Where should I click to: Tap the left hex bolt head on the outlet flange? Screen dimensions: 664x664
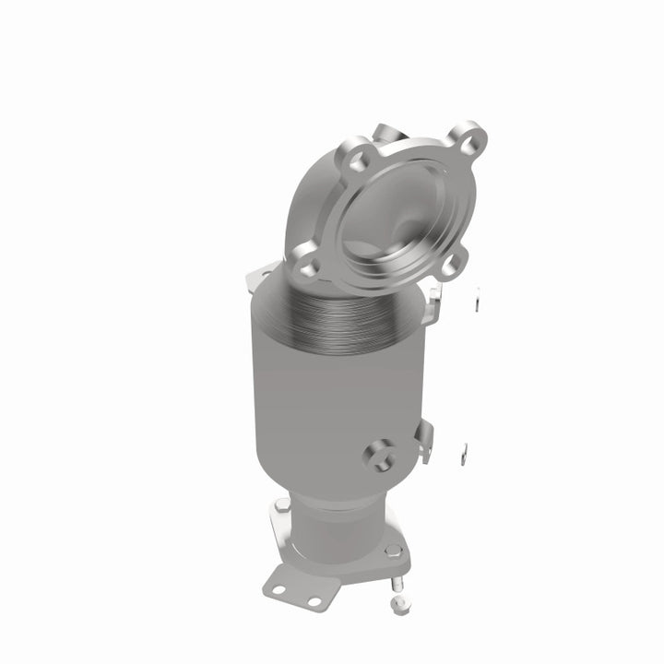[282, 505]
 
